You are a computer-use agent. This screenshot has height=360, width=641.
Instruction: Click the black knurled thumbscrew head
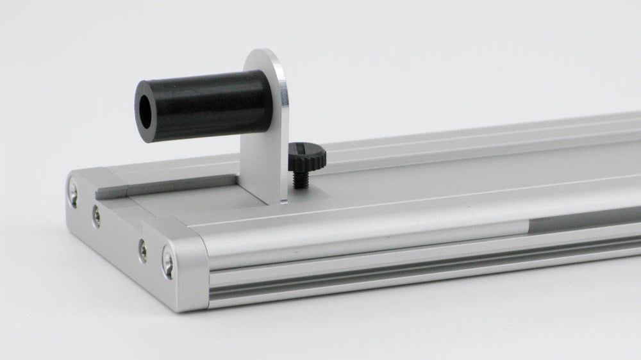point(305,154)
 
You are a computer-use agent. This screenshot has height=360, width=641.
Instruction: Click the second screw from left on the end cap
point(96,216)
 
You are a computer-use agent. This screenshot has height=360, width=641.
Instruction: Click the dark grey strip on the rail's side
point(583,220)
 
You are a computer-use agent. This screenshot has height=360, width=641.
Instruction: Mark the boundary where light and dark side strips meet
point(529,225)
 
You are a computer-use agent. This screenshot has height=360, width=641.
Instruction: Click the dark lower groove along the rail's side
point(417,269)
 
